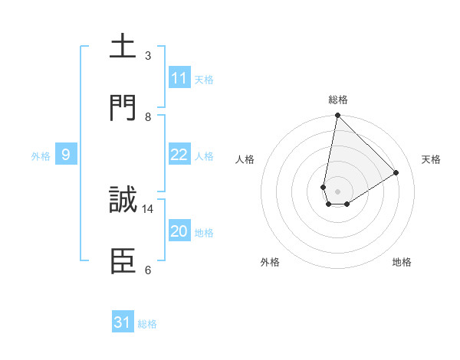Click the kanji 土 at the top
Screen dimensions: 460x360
(x=123, y=47)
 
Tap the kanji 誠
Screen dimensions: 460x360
(x=123, y=201)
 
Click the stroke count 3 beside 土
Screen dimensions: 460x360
(x=148, y=55)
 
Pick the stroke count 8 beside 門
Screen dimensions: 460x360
(x=148, y=117)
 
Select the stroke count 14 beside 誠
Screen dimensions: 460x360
(x=148, y=208)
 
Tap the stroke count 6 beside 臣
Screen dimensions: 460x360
(x=148, y=270)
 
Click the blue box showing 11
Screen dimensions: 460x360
(x=179, y=78)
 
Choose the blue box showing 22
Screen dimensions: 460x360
(x=179, y=155)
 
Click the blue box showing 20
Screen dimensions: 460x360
(x=179, y=231)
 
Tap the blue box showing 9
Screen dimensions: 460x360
(x=66, y=155)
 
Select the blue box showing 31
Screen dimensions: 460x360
(x=123, y=322)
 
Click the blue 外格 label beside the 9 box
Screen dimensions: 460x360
(x=41, y=156)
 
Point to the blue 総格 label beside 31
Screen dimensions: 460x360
(x=147, y=324)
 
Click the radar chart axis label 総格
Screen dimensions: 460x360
(x=338, y=100)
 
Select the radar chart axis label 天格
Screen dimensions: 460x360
(x=431, y=159)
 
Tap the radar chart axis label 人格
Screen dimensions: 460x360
(x=245, y=159)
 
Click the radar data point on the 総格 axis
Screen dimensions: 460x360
(x=337, y=116)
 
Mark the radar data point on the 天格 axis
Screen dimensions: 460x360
(x=396, y=173)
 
